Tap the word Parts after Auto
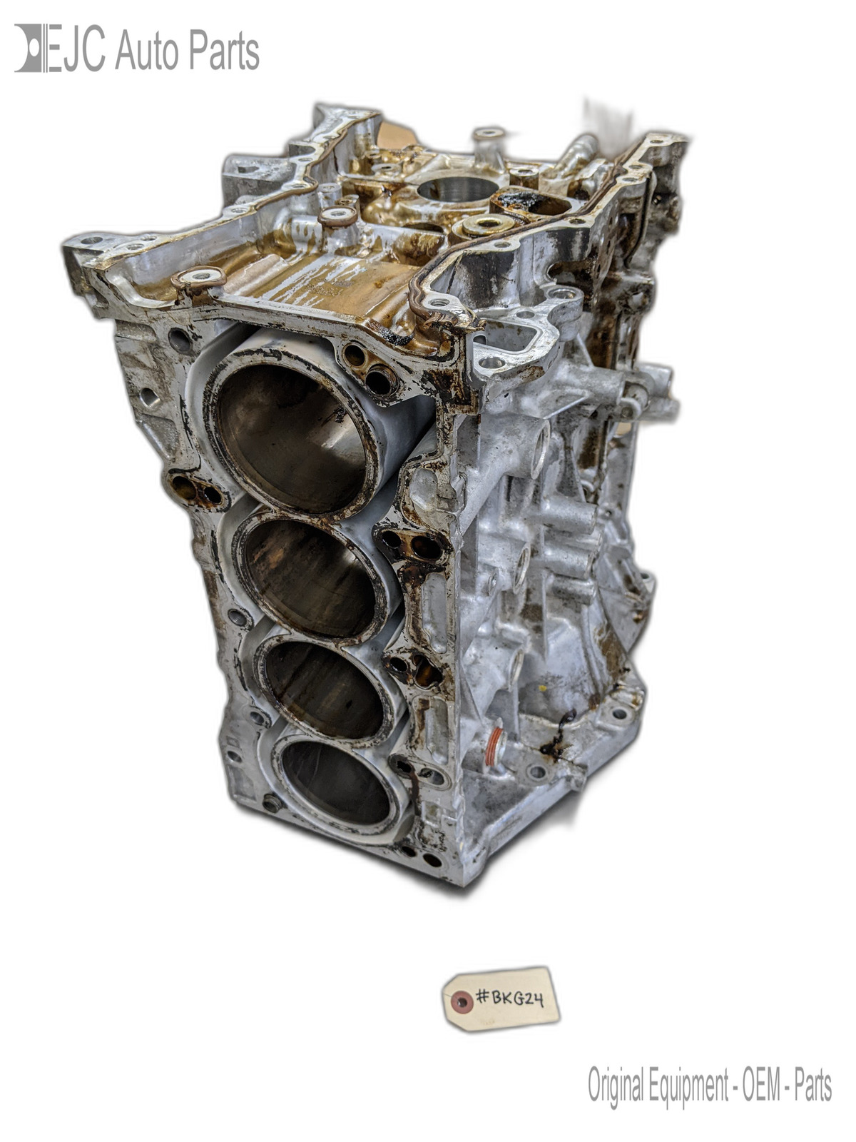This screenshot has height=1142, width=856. [224, 50]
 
